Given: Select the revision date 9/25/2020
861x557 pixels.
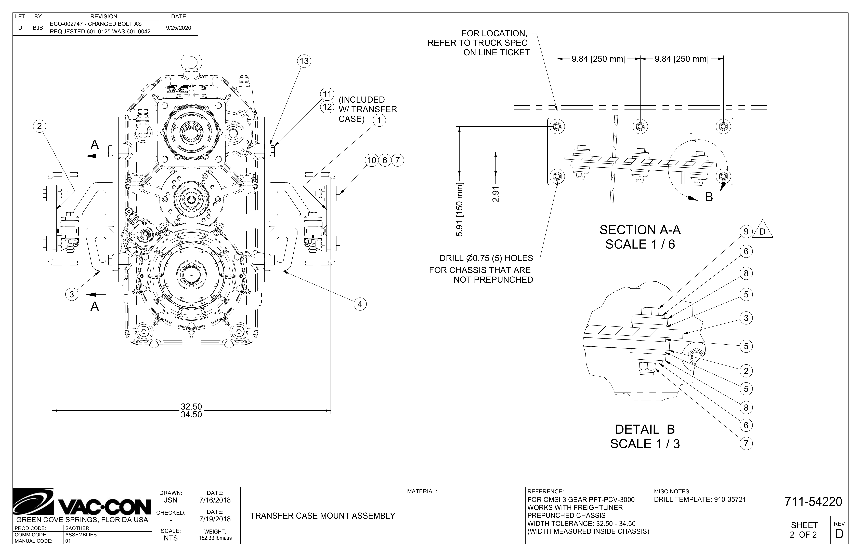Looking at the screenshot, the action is (x=179, y=28).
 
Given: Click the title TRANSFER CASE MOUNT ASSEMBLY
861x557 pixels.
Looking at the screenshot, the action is (x=323, y=516).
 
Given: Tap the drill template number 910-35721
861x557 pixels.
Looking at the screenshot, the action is (x=730, y=499).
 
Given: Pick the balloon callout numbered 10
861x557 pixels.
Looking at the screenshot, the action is (x=372, y=160).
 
